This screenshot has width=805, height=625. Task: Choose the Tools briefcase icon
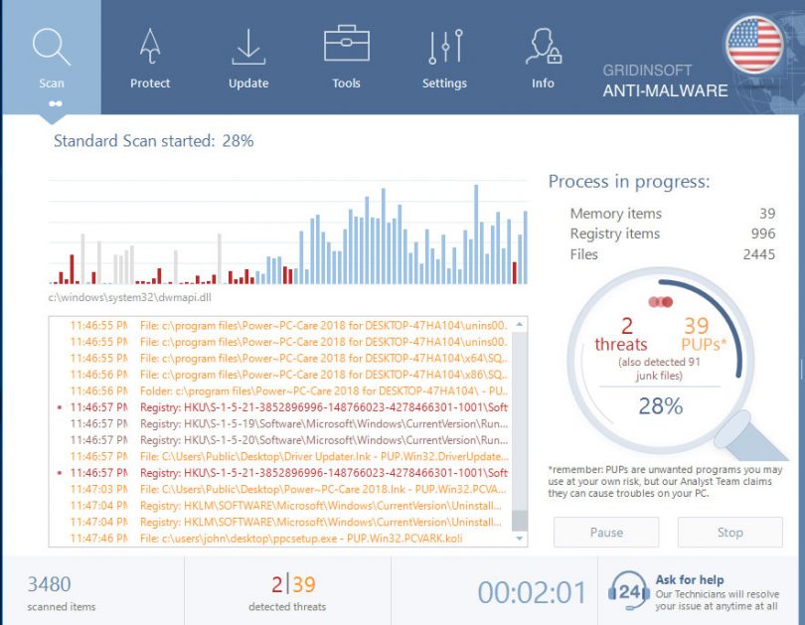[x=346, y=46]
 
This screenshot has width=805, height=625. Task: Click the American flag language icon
[x=753, y=46]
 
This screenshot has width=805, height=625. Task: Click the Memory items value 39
[x=766, y=214]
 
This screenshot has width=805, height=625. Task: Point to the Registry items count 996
[x=763, y=234]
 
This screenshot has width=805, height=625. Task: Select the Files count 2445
[x=758, y=254]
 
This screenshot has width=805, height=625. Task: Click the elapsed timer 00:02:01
[x=532, y=592]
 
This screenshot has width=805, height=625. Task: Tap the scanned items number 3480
[x=49, y=584]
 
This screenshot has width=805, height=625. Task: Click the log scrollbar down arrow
[x=520, y=538]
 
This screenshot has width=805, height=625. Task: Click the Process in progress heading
[x=629, y=182]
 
